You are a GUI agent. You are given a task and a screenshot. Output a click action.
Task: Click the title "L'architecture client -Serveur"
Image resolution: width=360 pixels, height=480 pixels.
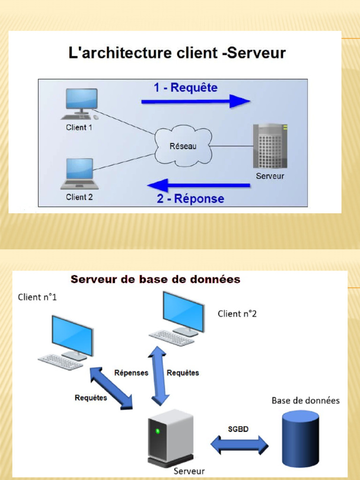tap(177, 53)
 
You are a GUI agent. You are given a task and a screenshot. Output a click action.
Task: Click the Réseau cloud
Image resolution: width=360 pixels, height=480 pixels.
tap(183, 146)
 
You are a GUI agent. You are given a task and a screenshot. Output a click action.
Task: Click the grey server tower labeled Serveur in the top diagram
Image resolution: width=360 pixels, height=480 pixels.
tap(270, 146)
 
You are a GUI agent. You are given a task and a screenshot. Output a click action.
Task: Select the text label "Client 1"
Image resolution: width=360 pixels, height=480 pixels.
tap(79, 127)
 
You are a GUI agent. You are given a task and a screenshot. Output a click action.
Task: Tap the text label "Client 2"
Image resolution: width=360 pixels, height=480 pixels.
tap(79, 197)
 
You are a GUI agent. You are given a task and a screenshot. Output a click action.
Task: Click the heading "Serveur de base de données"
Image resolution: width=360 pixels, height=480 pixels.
tap(155, 279)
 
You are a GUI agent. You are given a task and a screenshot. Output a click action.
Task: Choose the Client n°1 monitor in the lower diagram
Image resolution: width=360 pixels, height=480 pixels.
tap(72, 335)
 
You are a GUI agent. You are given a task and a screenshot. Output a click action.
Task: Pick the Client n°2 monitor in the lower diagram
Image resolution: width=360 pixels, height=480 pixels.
tap(183, 311)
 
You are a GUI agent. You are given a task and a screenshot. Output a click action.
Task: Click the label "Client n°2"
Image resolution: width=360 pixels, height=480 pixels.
tap(237, 314)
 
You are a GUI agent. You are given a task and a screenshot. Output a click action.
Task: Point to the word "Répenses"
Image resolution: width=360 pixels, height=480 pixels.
tap(131, 373)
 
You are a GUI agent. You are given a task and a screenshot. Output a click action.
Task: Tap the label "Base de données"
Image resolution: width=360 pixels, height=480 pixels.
tap(306, 400)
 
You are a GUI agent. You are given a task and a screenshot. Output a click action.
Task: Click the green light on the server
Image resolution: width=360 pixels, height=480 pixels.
tap(158, 431)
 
